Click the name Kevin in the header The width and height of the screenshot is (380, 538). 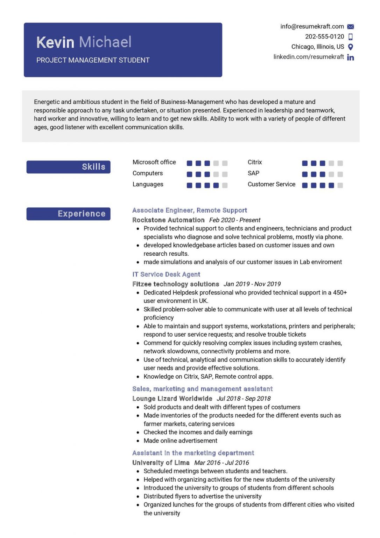[x=55, y=42]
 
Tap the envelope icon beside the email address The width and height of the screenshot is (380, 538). [x=350, y=27]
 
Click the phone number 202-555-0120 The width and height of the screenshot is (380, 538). [x=324, y=36]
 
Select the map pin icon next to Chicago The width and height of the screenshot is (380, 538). [x=350, y=47]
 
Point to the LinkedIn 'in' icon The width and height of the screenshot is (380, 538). [x=350, y=57]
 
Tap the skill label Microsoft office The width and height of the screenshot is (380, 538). [x=154, y=162]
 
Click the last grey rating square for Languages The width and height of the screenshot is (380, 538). [x=225, y=185]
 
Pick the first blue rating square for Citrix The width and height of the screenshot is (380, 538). [x=305, y=163]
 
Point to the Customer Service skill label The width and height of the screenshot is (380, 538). [x=271, y=184]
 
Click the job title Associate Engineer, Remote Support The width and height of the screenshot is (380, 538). [x=189, y=210]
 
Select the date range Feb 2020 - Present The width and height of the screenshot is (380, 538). [x=235, y=220]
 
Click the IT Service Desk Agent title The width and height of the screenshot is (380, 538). [x=166, y=274]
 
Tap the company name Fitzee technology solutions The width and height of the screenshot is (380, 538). [x=176, y=284]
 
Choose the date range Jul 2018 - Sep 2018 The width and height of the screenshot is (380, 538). [x=244, y=399]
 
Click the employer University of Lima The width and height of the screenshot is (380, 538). [x=161, y=463]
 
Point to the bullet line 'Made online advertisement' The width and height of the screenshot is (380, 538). [x=180, y=441]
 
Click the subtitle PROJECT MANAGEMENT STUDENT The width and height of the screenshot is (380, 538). [x=93, y=60]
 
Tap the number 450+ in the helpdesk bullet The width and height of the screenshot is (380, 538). [x=340, y=292]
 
